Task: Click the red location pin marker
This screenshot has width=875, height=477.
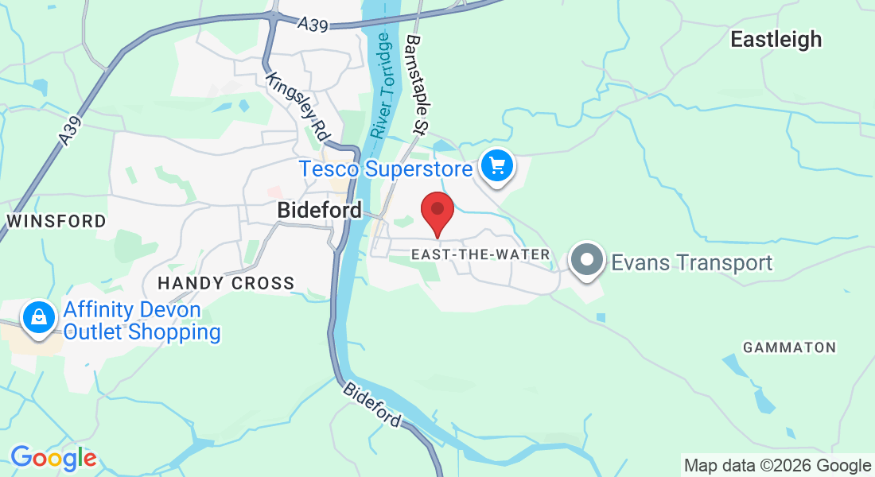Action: tap(437, 211)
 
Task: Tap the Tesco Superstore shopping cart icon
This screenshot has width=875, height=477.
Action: tap(498, 167)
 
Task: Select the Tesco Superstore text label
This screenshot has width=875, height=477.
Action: tap(387, 169)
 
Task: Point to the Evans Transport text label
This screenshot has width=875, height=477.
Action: tap(691, 262)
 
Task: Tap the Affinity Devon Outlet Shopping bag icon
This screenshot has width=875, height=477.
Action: tap(38, 318)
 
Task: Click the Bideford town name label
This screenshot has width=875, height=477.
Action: tap(319, 211)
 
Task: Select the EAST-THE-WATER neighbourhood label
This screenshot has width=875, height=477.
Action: tap(481, 254)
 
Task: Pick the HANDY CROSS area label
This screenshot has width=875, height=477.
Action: tap(226, 283)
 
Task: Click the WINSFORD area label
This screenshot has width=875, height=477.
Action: tap(56, 221)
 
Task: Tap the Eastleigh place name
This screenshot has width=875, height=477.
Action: tap(776, 39)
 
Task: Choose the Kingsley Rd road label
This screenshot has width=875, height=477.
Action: tap(298, 107)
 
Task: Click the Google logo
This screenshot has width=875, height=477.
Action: tap(53, 458)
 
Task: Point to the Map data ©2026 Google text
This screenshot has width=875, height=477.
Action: tap(777, 466)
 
